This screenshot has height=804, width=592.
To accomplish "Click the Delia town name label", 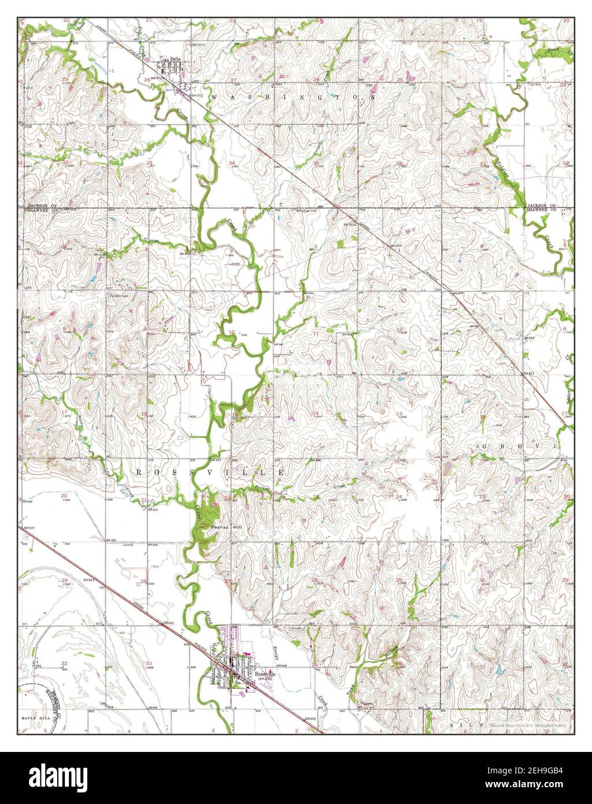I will [x=176, y=58].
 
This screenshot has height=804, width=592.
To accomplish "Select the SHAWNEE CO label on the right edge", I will [x=542, y=211].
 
